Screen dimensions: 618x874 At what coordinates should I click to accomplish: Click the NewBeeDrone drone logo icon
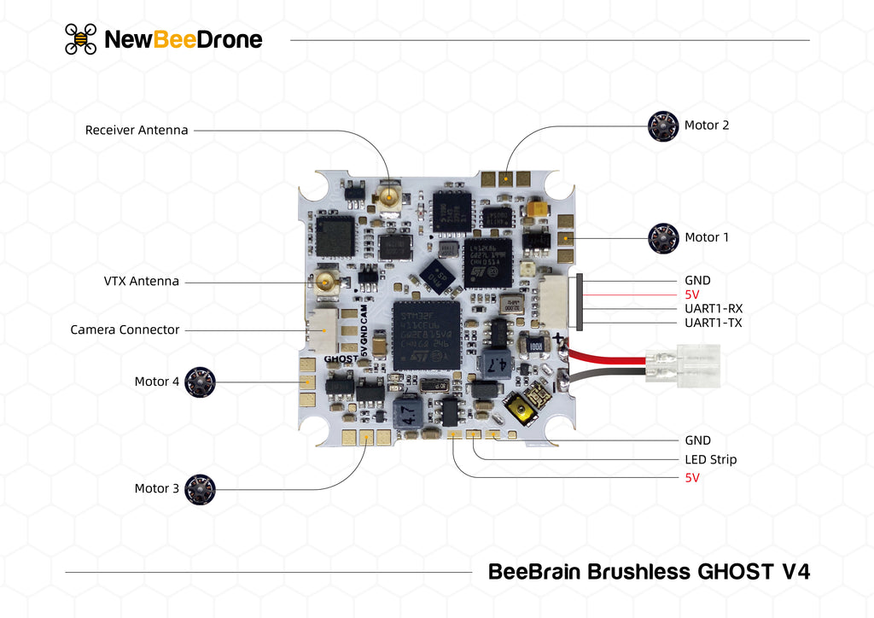click(x=80, y=39)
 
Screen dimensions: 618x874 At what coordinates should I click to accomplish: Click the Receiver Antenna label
click(x=137, y=130)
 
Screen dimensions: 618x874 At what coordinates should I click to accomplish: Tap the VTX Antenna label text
click(x=142, y=281)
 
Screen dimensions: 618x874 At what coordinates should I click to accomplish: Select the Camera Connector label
click(x=125, y=329)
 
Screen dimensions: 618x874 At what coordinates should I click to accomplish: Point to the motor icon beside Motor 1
click(x=662, y=238)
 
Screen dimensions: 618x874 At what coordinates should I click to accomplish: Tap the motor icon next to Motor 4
click(x=201, y=382)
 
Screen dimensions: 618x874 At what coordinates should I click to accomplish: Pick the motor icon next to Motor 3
click(x=201, y=489)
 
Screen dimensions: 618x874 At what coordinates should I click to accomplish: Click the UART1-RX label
click(x=714, y=309)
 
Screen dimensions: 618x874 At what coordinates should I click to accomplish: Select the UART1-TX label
click(x=714, y=324)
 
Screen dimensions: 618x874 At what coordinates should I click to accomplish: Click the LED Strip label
click(x=710, y=459)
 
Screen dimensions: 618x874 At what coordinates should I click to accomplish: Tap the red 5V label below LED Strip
click(x=692, y=478)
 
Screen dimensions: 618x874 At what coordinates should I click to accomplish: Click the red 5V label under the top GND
click(x=692, y=294)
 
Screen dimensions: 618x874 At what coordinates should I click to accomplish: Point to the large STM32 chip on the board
click(x=426, y=335)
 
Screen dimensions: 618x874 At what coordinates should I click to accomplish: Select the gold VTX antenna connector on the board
click(x=326, y=282)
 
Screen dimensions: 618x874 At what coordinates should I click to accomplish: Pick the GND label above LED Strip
click(x=697, y=440)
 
